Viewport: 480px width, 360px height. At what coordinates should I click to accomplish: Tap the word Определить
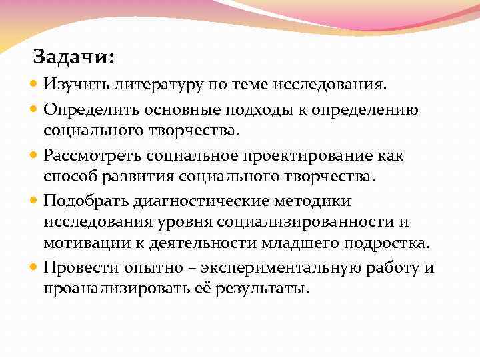click(86, 109)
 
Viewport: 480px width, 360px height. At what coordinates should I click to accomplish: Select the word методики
click(318, 201)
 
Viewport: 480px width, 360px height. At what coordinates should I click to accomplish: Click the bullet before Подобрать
click(35, 201)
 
